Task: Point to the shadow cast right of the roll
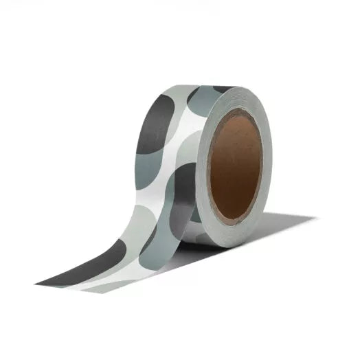(275, 230)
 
